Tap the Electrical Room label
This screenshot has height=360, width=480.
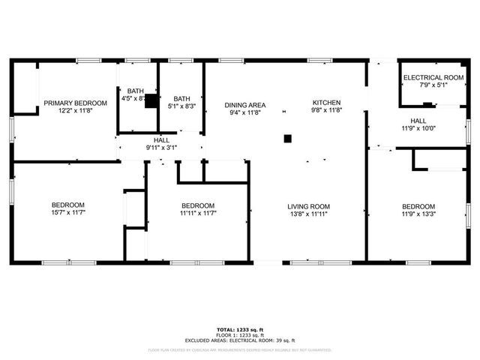pos(433,77)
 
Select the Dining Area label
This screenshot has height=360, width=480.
pos(244,104)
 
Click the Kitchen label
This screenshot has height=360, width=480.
pos(327,103)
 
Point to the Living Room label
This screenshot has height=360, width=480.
pos(308,206)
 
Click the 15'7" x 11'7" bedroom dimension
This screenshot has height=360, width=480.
pos(67,214)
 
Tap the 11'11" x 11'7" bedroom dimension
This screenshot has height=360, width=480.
pos(198,214)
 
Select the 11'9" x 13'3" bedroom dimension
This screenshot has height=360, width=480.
pos(418,214)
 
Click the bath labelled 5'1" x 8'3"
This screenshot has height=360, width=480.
pos(181,106)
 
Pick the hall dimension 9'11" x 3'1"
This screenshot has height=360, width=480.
pos(161,148)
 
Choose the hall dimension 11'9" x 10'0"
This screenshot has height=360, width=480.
pos(418,128)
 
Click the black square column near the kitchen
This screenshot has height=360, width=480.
pos(287,138)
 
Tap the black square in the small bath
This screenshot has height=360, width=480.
pos(151,100)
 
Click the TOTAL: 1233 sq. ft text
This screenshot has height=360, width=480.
pos(239,329)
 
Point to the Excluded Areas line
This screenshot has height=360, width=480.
pos(239,341)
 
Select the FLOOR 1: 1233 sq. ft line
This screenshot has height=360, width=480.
pos(239,335)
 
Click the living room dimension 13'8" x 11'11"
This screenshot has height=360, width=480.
pos(308,214)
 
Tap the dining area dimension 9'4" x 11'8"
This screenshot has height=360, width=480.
pos(244,112)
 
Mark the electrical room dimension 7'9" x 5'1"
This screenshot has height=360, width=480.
pos(433,85)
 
